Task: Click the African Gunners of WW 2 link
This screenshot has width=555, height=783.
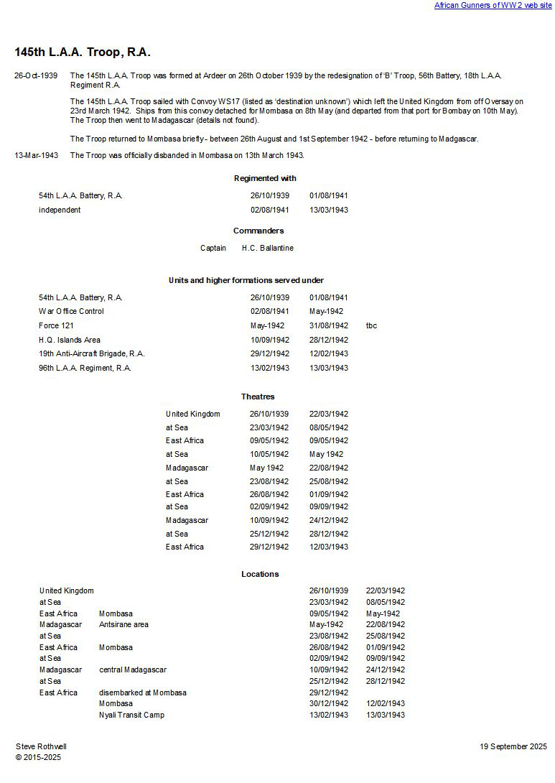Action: pos(493,6)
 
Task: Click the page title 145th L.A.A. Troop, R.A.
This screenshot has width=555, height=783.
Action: pos(83,52)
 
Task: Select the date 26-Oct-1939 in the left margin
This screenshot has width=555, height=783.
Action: pos(36,75)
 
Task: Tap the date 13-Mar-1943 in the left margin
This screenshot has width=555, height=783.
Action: pos(36,155)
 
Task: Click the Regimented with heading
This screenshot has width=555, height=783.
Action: pos(265,178)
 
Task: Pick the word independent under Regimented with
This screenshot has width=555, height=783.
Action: pos(60,210)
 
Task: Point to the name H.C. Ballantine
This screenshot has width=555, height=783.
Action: pos(267,248)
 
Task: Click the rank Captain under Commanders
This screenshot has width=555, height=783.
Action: pos(213,248)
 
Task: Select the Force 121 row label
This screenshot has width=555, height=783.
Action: pos(56,325)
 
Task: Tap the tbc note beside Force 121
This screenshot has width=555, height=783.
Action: pos(371,325)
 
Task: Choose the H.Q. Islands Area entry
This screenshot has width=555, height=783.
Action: pos(70,340)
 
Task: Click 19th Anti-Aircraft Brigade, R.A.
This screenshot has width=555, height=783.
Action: pos(92,353)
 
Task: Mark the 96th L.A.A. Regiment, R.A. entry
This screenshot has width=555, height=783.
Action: pos(85,368)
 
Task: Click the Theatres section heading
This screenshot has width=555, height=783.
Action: pos(258,397)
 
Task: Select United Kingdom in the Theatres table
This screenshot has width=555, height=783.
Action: pos(193,414)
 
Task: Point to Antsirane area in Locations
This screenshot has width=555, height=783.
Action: pos(123,624)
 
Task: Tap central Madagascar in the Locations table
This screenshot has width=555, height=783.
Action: pos(133,670)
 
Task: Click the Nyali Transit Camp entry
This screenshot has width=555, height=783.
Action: pos(131,715)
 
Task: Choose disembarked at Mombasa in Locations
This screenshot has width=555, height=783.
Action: pos(143,692)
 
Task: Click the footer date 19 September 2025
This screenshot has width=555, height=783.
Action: pos(513,746)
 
